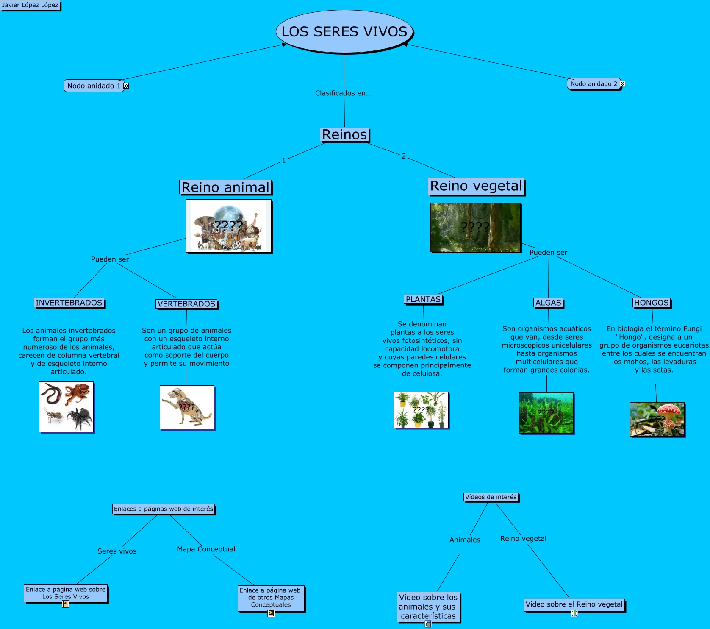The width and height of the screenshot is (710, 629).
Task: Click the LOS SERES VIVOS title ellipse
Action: coord(344,32)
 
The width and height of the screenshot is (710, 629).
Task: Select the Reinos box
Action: coord(344,134)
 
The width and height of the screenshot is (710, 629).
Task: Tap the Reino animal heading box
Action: coord(225,187)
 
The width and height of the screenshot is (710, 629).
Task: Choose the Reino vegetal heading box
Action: coord(476,186)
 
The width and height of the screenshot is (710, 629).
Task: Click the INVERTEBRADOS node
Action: coord(69,303)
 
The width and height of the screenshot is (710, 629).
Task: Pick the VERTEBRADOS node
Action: coord(186,304)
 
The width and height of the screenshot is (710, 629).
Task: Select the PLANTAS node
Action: coord(423,299)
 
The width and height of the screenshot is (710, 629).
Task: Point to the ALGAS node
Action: coord(548,303)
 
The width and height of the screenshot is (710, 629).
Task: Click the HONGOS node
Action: coord(652,303)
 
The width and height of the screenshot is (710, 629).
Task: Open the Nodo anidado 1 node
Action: coord(94,86)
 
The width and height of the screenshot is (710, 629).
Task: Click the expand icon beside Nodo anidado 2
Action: coord(622,84)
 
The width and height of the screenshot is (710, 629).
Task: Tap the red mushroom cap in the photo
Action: coord(669,409)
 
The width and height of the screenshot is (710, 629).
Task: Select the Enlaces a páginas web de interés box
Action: coord(164,509)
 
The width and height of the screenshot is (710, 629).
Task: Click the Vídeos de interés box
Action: coord(491,497)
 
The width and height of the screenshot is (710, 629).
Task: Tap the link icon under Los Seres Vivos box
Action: coord(66,604)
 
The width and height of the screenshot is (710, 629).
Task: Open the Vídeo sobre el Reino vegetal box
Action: coord(574,604)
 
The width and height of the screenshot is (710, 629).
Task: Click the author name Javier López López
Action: coord(30,5)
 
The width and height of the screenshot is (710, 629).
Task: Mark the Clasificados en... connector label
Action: coord(344,93)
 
